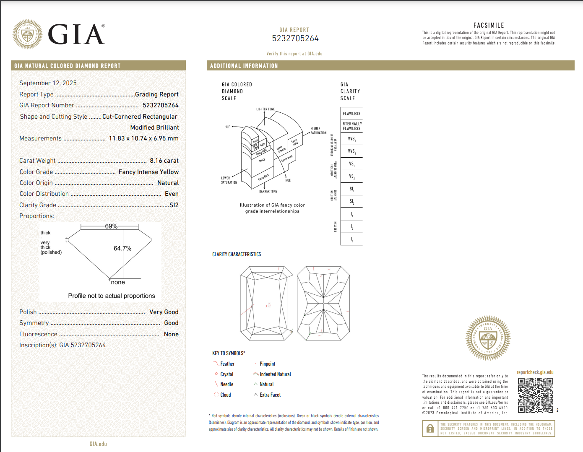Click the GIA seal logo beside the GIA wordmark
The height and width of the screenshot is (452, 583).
click(28, 34)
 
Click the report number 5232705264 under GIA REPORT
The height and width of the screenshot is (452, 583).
click(295, 39)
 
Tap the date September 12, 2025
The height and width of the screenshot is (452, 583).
click(48, 83)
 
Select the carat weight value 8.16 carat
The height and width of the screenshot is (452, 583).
click(164, 161)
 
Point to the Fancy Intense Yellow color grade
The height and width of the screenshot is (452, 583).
click(148, 172)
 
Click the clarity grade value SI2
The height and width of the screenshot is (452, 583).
click(174, 205)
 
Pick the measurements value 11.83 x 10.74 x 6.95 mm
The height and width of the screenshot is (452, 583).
click(143, 138)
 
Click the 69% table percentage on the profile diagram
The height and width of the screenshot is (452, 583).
click(111, 226)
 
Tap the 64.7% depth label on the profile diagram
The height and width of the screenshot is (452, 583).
click(122, 248)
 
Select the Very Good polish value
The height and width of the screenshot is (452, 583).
click(164, 312)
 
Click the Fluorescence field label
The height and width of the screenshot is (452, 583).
click(38, 334)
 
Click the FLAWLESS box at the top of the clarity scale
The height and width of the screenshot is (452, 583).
click(351, 114)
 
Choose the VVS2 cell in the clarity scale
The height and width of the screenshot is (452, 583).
click(351, 151)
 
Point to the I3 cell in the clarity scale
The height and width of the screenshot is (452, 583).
click(351, 239)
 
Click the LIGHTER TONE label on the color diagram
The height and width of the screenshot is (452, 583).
click(265, 109)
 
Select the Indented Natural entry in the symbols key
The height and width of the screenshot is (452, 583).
click(275, 374)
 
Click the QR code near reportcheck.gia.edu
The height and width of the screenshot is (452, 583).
click(535, 395)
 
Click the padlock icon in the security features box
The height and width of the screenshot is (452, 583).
click(430, 429)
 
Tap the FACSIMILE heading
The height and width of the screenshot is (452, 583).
click(489, 26)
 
